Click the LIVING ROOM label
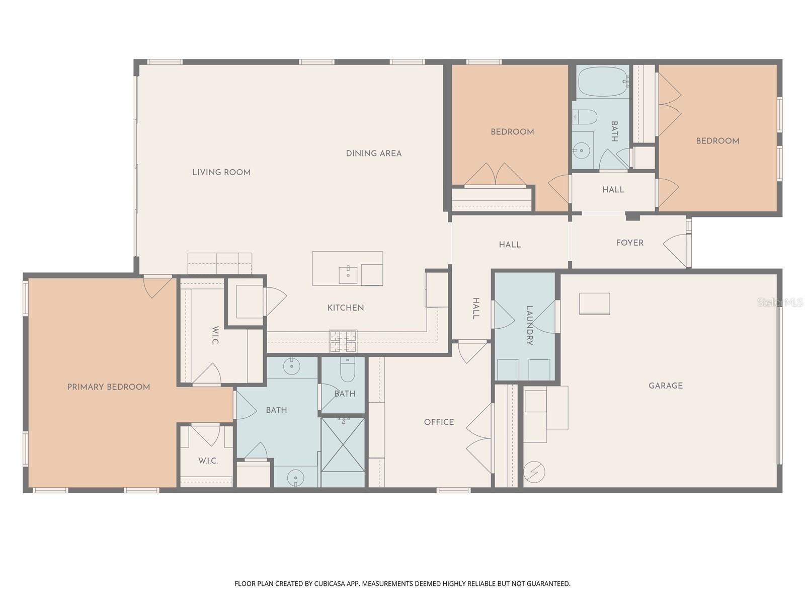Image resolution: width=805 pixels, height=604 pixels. [221, 172]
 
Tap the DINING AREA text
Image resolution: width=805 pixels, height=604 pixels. [373, 154]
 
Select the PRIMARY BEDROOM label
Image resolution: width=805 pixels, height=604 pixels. [109, 387]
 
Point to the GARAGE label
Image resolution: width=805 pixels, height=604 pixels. [665, 386]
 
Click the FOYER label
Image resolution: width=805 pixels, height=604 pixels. [629, 243]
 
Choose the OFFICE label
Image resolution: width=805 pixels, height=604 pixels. [439, 422]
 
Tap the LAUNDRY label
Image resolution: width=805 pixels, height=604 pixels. [529, 325]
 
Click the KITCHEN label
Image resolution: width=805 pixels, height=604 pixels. [346, 308]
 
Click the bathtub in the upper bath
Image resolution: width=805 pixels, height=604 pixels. [602, 82]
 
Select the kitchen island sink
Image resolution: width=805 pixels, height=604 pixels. [348, 275]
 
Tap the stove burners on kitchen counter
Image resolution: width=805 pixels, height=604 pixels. [343, 341]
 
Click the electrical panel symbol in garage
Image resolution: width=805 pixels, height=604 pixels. [534, 472]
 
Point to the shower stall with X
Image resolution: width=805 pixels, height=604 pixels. [343, 444]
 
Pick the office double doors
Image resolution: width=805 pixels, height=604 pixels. [480, 438]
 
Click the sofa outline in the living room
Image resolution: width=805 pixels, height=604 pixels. [220, 263]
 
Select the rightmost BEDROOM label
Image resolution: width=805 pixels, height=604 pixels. [717, 141]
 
